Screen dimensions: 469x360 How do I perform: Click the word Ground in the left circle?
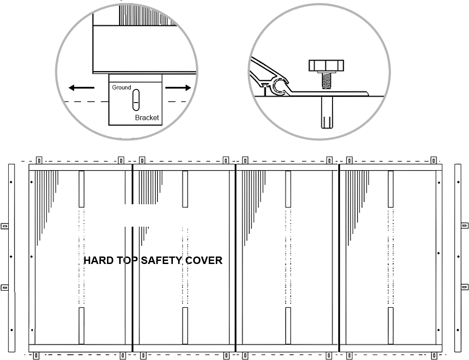click(122, 87)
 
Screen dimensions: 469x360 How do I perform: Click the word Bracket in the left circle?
click(147, 118)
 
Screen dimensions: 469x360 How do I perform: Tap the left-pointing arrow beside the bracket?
click(81, 88)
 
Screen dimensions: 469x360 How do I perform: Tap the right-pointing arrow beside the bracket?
click(178, 88)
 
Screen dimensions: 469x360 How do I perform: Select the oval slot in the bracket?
click(136, 100)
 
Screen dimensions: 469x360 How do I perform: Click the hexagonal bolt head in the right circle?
click(326, 65)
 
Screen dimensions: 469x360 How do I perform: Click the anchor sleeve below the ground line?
click(326, 112)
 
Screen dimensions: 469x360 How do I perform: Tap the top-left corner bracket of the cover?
click(39, 160)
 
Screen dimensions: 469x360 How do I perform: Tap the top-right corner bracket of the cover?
click(433, 160)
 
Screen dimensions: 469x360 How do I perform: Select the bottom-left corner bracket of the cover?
click(36, 356)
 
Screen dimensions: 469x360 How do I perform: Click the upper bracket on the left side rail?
click(4, 226)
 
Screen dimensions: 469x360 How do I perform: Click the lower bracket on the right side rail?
click(465, 287)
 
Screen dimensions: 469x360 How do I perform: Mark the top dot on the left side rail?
click(11, 182)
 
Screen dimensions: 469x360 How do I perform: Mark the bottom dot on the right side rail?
click(458, 330)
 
